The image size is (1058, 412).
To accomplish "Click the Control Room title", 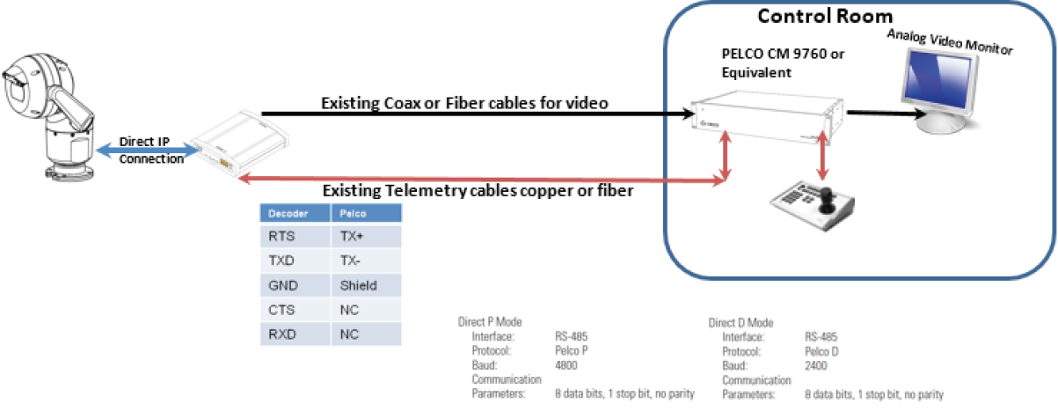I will (825, 17).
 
